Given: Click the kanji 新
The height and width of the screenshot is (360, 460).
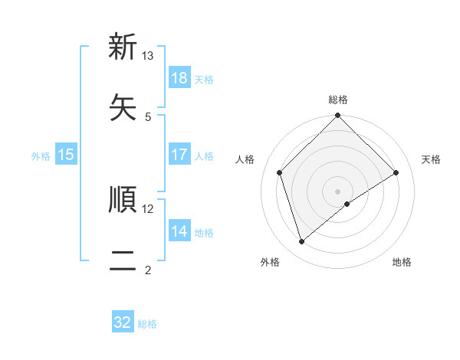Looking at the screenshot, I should [123, 47].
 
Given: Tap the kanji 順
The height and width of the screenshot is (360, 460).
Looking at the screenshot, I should [123, 199].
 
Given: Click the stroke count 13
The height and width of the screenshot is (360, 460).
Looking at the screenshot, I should [148, 56].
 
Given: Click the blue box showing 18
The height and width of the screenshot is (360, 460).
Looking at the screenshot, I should [179, 78].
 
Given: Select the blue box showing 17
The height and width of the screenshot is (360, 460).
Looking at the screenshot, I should [179, 155].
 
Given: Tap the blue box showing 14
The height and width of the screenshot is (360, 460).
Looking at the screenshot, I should [179, 231].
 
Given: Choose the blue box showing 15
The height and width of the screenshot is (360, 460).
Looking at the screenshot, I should [66, 155].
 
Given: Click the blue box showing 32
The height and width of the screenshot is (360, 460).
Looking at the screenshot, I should [123, 322].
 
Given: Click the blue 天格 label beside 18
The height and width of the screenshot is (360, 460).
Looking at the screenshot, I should [204, 79].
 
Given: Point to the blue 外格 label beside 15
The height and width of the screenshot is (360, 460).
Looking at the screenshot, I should [41, 155].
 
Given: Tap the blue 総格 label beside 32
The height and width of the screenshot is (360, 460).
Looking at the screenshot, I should [147, 323].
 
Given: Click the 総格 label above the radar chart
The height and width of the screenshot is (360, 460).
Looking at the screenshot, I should [338, 100].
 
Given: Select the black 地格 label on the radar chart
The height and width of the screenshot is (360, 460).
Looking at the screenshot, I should [402, 262].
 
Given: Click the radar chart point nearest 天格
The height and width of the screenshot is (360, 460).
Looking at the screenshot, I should [396, 172].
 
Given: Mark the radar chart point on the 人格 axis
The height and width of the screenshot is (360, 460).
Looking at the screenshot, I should [280, 172].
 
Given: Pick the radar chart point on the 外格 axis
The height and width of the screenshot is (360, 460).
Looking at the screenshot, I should [302, 241].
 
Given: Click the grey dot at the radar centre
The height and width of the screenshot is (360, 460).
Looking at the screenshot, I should [338, 191].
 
